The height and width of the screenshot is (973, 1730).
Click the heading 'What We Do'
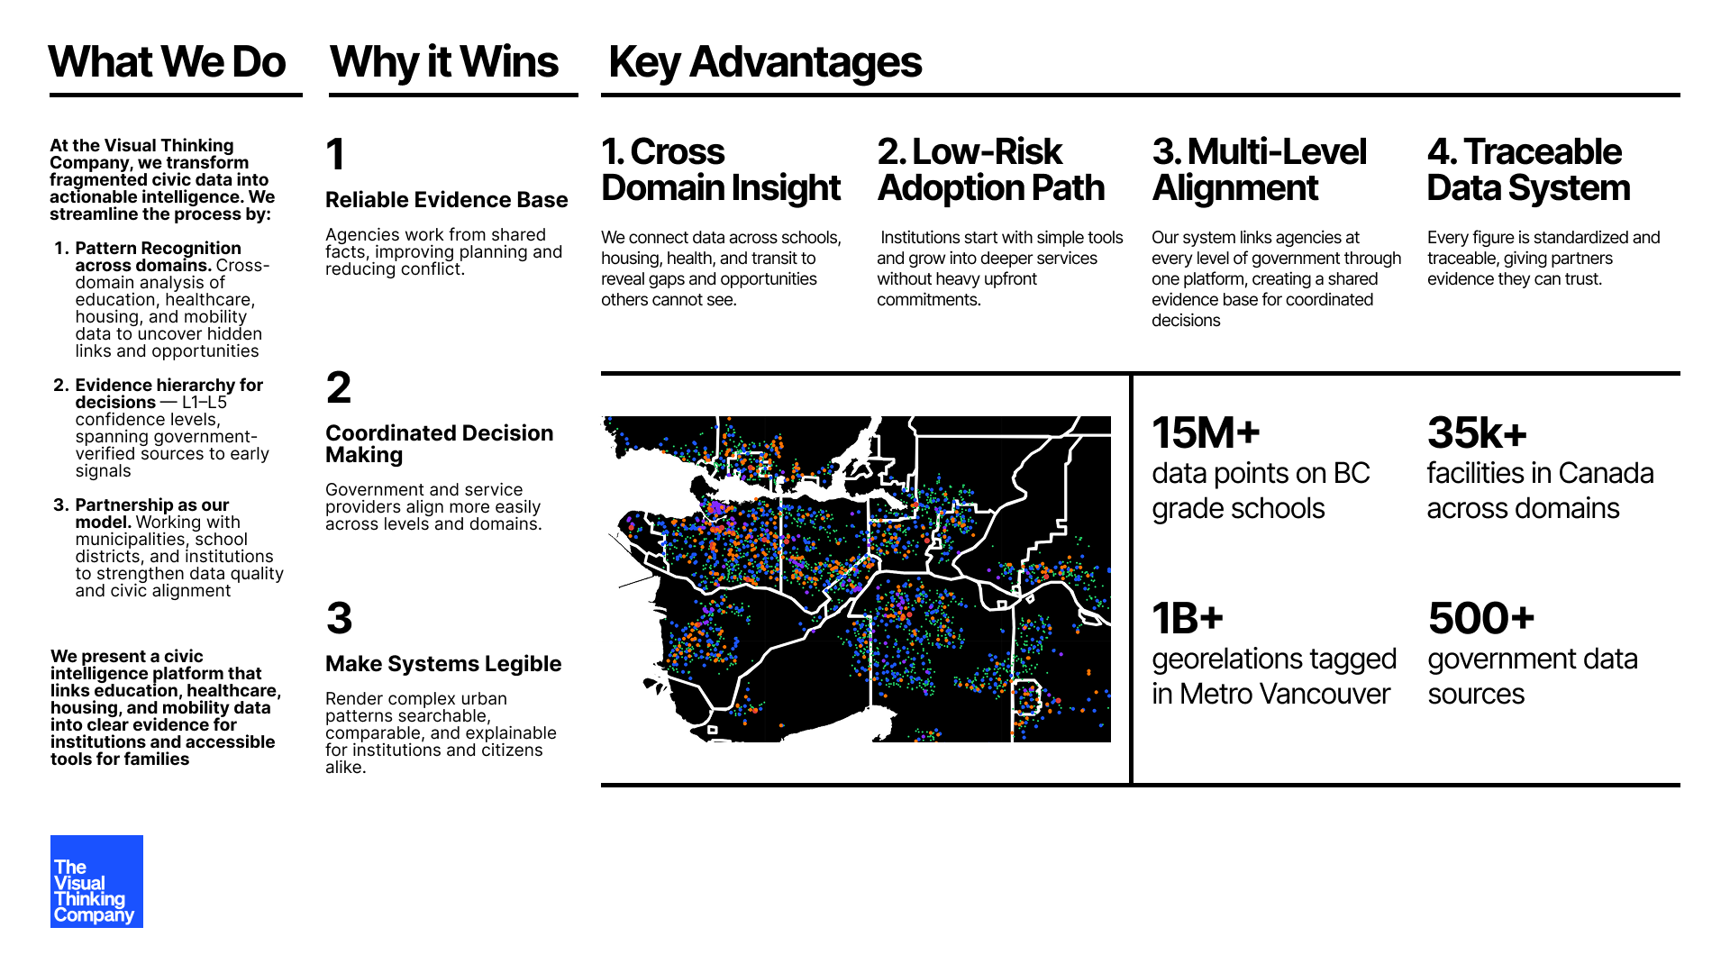click(167, 62)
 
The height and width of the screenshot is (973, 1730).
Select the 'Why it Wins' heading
click(444, 62)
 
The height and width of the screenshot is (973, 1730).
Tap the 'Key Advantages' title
click(765, 62)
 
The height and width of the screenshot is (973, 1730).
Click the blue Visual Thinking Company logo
click(96, 881)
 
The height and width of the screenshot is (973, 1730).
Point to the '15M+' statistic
click(1206, 433)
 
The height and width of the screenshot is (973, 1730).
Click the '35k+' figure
click(1477, 433)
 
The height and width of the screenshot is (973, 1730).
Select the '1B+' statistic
click(1188, 619)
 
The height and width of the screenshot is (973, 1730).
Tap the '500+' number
click(1480, 619)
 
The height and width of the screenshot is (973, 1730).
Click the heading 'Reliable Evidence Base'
click(447, 200)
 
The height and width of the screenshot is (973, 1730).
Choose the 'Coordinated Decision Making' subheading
click(439, 443)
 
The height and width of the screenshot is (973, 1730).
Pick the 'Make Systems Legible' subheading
click(443, 664)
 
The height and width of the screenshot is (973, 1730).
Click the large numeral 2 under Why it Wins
click(339, 388)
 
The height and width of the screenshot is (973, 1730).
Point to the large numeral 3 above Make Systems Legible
click(339, 619)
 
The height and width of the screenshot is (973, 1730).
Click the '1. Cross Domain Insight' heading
click(721, 170)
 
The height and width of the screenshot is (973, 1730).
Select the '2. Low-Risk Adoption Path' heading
click(990, 170)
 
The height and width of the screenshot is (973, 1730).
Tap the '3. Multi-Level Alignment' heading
click(1259, 170)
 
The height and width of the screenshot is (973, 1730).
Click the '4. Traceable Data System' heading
click(1528, 170)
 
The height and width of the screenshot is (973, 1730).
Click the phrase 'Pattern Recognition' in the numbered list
click(158, 248)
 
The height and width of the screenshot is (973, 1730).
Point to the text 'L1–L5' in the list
click(205, 403)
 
